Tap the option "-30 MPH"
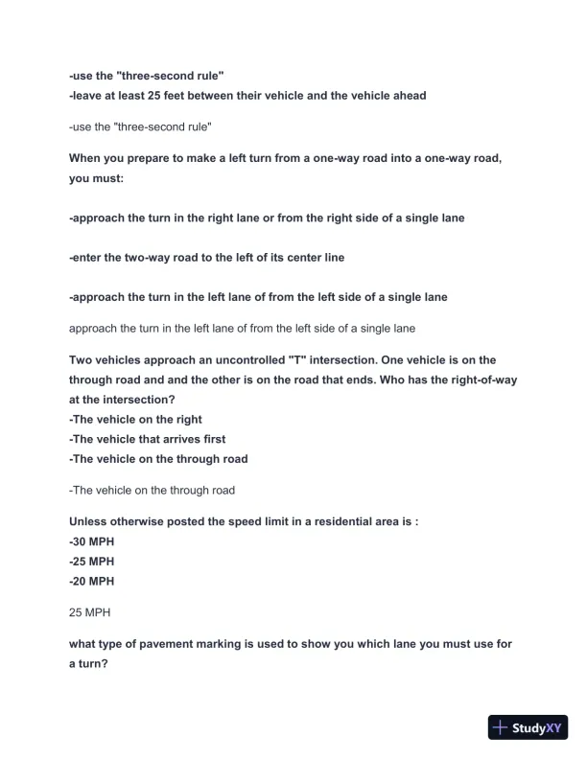pos(91,541)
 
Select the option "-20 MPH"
pos(91,581)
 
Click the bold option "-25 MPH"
pos(91,562)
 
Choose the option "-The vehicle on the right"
pos(135,419)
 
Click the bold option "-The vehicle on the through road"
pos(158,458)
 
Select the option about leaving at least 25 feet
pos(247,96)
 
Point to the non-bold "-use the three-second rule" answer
pos(140,126)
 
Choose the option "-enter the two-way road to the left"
pos(206,257)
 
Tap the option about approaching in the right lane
pos(267,218)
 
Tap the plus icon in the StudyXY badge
pos(500,727)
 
